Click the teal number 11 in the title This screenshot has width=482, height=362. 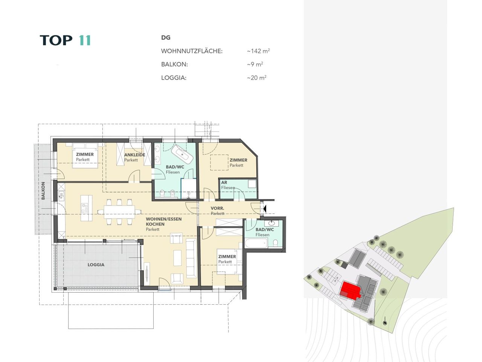coord(85,40)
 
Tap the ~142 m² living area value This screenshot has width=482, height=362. coord(258,51)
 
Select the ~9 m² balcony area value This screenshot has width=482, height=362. coord(255,64)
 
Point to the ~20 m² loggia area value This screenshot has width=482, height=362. coord(257,78)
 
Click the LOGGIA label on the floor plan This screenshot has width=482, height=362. coord(96,265)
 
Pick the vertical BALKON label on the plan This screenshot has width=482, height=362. coord(43,191)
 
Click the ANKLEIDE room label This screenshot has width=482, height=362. coord(134,155)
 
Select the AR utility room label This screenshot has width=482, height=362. coord(224,183)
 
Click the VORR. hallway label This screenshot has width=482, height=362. coord(217,208)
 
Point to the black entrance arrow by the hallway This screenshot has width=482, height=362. coord(265,209)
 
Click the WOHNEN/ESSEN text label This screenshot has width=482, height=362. coord(164,219)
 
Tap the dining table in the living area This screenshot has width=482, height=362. coord(119,212)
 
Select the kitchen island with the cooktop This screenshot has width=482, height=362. coord(86,208)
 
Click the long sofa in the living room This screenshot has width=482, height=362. coord(191,258)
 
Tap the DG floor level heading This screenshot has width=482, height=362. coord(166,38)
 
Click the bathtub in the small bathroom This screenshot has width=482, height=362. coord(256,243)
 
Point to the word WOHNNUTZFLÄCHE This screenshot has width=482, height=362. coord(192,51)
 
